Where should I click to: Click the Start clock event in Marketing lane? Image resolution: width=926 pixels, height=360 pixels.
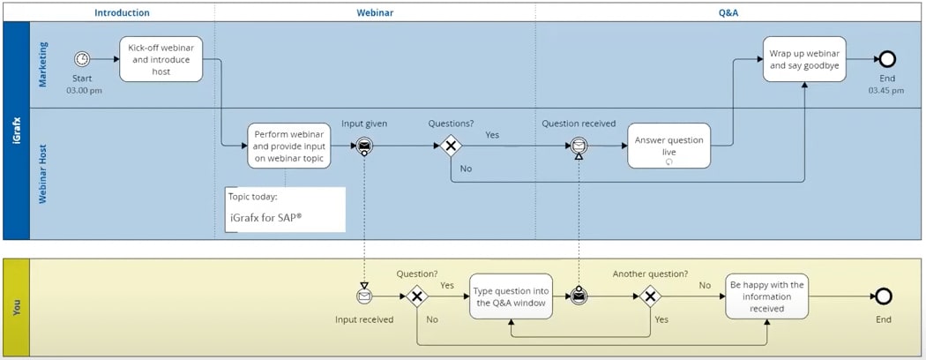pyautogui.click(x=82, y=59)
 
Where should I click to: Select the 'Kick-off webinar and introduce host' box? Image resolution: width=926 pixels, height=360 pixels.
pyautogui.click(x=161, y=59)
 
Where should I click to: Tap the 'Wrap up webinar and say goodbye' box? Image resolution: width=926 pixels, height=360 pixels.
pyautogui.click(x=803, y=59)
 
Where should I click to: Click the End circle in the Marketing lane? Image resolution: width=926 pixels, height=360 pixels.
pyautogui.click(x=885, y=59)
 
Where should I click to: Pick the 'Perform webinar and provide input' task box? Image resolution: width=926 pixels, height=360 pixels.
pyautogui.click(x=289, y=146)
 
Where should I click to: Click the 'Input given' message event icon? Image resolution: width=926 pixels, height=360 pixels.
pyautogui.click(x=364, y=146)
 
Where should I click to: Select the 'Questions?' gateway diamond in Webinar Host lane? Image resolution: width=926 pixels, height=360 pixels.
pyautogui.click(x=451, y=146)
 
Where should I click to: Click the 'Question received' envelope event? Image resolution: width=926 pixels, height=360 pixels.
pyautogui.click(x=579, y=146)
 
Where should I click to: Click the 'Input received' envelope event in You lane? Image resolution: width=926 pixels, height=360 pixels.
pyautogui.click(x=364, y=296)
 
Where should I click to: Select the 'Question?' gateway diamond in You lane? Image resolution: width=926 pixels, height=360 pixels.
pyautogui.click(x=416, y=296)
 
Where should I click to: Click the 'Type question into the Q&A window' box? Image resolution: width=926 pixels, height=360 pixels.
pyautogui.click(x=511, y=296)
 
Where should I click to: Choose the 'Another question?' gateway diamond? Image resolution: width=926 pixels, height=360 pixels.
pyautogui.click(x=651, y=296)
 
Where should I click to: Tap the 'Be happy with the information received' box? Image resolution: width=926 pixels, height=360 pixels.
pyautogui.click(x=766, y=296)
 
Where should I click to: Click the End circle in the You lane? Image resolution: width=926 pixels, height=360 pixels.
pyautogui.click(x=884, y=296)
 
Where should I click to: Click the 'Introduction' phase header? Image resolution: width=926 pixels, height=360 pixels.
pyautogui.click(x=122, y=13)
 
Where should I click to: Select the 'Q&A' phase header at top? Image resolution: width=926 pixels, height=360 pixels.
pyautogui.click(x=728, y=13)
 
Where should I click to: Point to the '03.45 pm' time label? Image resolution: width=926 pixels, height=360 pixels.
pyautogui.click(x=885, y=90)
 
